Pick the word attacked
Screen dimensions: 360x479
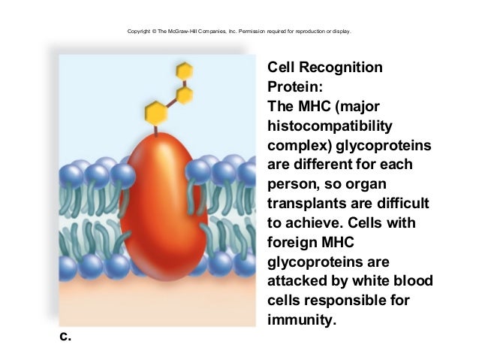(294, 283)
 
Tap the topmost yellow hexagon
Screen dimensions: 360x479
(184, 71)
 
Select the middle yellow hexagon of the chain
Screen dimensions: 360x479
(184, 95)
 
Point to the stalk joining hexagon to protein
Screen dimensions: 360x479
(156, 130)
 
